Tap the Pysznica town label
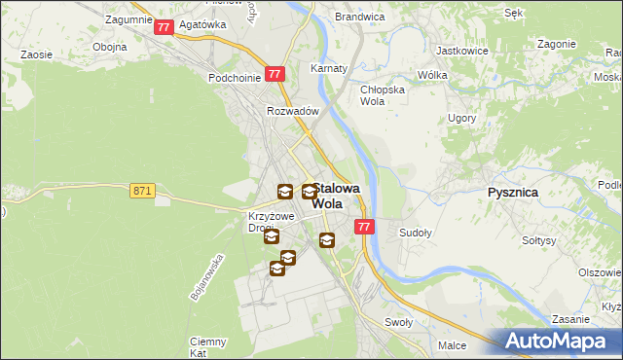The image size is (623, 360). click(512, 193)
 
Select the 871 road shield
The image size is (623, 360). click(141, 192)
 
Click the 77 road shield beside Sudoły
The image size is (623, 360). click(364, 227)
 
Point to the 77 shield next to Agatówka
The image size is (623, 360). click(164, 28)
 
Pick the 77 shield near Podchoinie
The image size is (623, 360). click(275, 73)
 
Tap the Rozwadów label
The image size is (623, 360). click(293, 111)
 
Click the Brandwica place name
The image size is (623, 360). click(359, 18)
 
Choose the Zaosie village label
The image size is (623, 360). click(36, 55)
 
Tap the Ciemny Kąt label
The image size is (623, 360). click(208, 347)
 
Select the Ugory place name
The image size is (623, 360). click(461, 118)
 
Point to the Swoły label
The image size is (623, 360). click(399, 322)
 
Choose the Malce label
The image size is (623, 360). click(452, 345)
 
